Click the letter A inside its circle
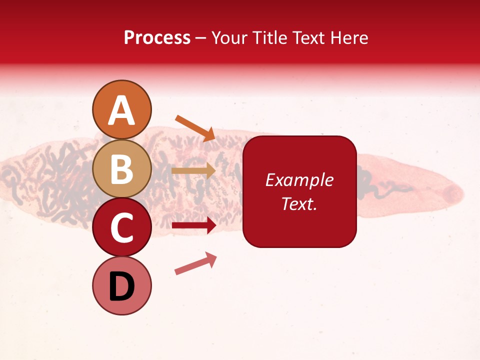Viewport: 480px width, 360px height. (122, 110)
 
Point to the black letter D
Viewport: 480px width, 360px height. (122, 287)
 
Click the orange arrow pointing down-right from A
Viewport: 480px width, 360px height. (195, 128)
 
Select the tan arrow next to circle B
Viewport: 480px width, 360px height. (193, 170)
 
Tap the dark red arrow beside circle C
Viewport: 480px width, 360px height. (193, 225)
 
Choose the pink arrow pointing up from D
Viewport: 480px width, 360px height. (195, 263)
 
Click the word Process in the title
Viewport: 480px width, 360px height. (157, 37)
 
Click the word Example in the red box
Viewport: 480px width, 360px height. (299, 180)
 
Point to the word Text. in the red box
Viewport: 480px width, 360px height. (299, 203)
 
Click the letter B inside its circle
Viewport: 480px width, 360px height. (122, 169)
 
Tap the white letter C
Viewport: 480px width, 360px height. (122, 228)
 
